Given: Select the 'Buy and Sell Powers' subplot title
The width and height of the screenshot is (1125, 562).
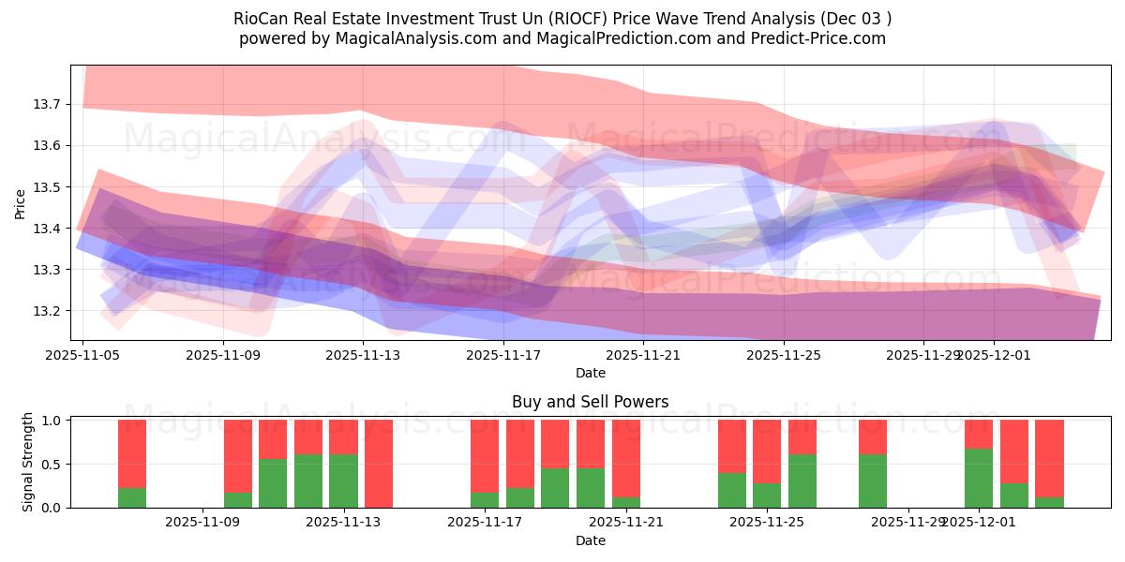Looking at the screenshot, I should [x=590, y=402].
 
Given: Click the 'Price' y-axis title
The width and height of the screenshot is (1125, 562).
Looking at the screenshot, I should [x=21, y=202].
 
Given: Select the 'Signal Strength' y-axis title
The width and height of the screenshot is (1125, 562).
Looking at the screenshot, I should [x=28, y=462].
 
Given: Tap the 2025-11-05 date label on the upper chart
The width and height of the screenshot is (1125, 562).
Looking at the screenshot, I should [x=83, y=355].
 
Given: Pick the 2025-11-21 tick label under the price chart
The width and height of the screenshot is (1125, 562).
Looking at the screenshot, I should [x=644, y=355].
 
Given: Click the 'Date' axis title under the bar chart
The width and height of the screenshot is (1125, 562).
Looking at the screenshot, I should [x=590, y=540].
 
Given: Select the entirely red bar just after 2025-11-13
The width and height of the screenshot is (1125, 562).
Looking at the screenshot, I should [x=379, y=464].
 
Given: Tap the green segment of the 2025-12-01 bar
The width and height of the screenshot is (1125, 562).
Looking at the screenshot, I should [x=979, y=479].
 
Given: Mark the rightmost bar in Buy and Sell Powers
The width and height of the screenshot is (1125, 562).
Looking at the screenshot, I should [x=1049, y=459].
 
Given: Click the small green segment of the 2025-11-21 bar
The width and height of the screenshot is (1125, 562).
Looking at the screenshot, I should [x=626, y=502].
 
